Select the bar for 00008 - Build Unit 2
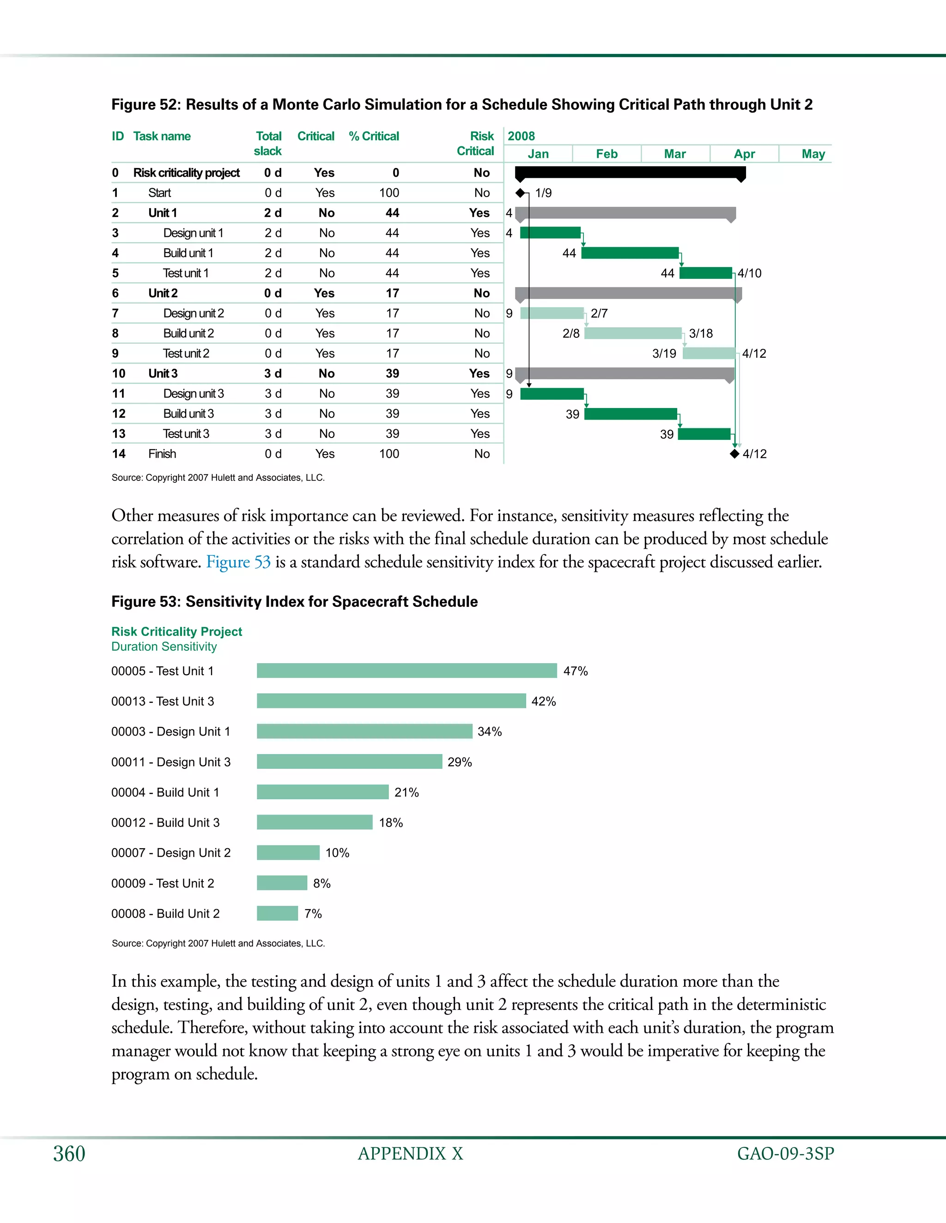278,913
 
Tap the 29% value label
460,761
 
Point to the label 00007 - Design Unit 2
171,852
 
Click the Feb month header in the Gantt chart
606,154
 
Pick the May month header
813,154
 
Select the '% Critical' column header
374,136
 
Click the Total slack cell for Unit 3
273,373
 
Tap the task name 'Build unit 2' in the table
188,333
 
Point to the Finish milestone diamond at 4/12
735,454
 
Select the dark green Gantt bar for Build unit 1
630,253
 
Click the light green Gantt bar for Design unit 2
552,313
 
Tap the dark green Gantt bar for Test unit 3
704,434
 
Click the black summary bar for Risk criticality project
630,173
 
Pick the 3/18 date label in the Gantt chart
701,333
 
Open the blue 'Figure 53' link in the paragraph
238,562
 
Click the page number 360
69,1154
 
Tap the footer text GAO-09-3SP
785,1154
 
